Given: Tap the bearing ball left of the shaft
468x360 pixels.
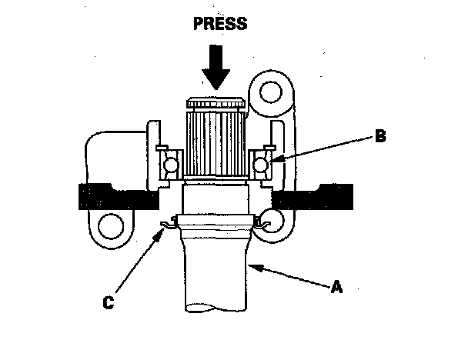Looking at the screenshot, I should (169, 162).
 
